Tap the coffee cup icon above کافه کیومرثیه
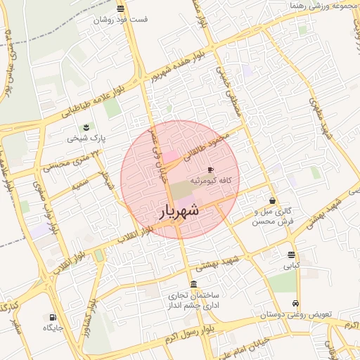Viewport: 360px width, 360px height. click(210, 169)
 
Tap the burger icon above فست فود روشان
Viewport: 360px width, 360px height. click(122, 8)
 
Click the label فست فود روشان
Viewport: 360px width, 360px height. click(122, 20)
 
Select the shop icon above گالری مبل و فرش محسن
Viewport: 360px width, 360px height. click(272, 200)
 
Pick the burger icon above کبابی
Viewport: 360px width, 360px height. click(291, 255)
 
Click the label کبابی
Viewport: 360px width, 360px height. click(291, 266)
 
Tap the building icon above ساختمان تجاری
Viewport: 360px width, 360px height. click(193, 283)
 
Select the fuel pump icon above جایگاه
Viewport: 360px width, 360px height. click(53, 316)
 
